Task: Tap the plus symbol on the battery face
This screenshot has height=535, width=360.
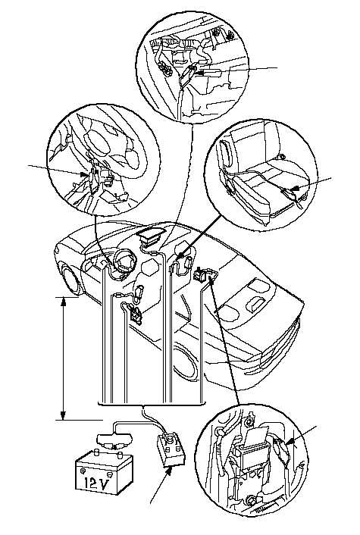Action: (83, 471)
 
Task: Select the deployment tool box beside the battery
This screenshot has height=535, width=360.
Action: (171, 449)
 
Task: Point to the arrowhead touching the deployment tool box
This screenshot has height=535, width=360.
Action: (170, 471)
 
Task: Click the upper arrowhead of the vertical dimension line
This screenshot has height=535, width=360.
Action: (63, 302)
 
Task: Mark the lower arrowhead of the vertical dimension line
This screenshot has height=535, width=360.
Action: (63, 415)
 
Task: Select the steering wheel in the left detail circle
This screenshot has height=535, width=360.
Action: (113, 150)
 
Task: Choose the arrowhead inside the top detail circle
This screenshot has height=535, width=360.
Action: (199, 72)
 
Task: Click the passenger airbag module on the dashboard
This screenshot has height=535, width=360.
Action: (150, 236)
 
